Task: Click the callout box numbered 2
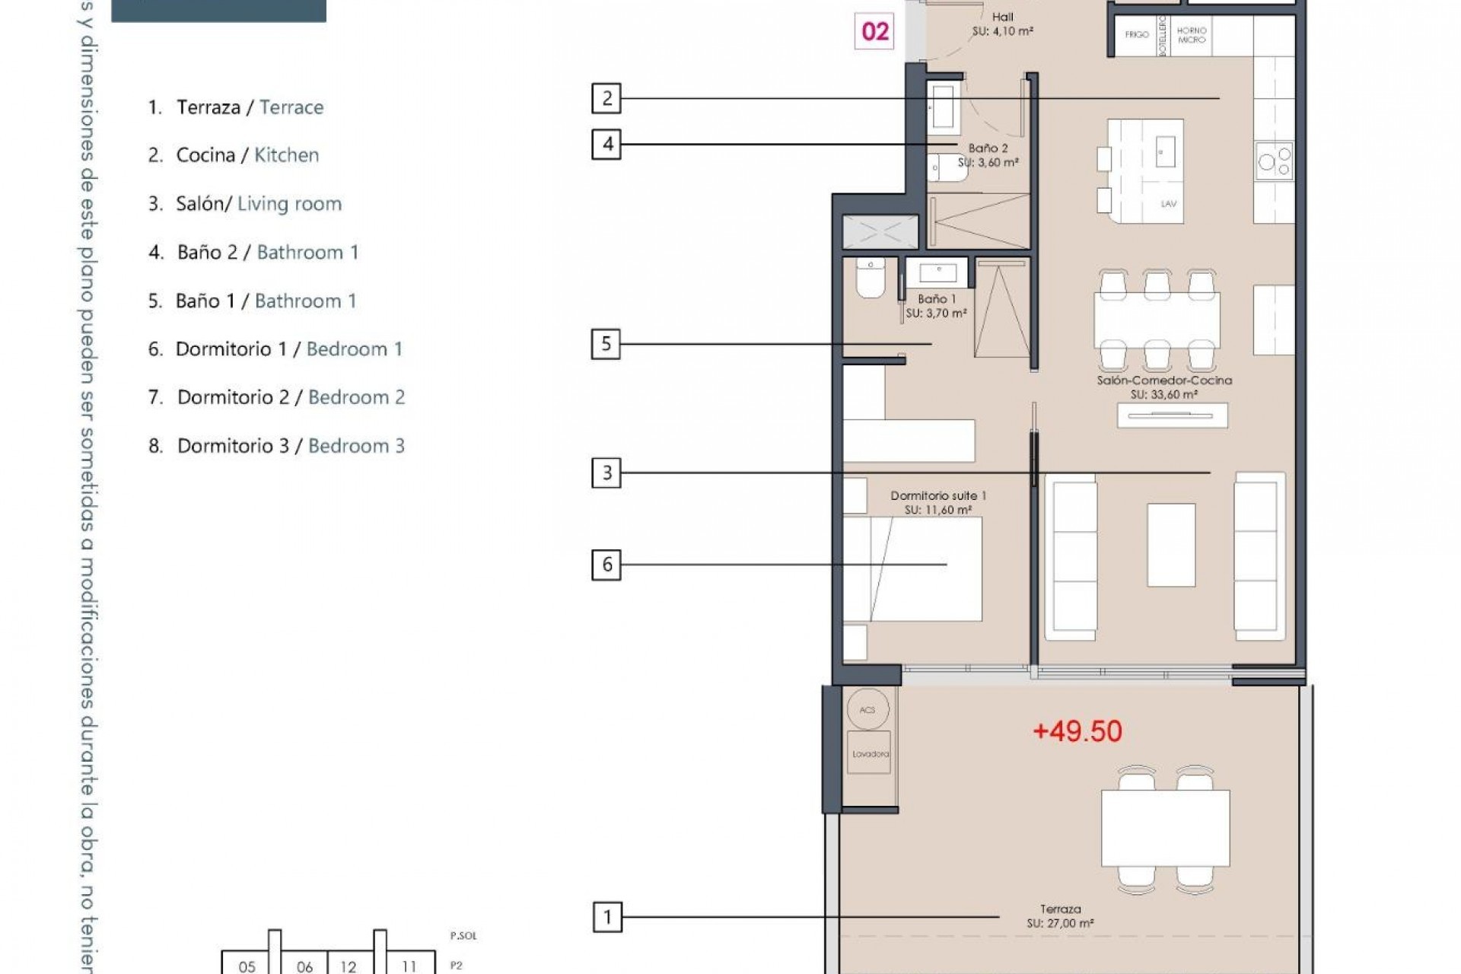pyautogui.click(x=606, y=98)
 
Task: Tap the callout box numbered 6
pyautogui.click(x=606, y=565)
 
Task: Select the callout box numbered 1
pyautogui.click(x=606, y=917)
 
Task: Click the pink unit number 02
pyautogui.click(x=874, y=32)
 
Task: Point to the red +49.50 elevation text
pyautogui.click(x=1077, y=731)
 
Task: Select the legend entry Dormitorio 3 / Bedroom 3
pyautogui.click(x=276, y=446)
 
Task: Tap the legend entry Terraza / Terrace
pyautogui.click(x=235, y=107)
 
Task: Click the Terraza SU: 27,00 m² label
pyautogui.click(x=1060, y=916)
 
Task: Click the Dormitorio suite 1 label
pyautogui.click(x=937, y=502)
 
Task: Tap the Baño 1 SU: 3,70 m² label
pyautogui.click(x=936, y=306)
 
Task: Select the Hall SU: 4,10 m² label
pyautogui.click(x=1002, y=24)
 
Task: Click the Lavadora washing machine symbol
pyautogui.click(x=870, y=753)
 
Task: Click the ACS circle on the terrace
pyautogui.click(x=867, y=709)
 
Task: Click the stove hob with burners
pyautogui.click(x=1275, y=161)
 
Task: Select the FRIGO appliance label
pyautogui.click(x=1137, y=34)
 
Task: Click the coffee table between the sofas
pyautogui.click(x=1170, y=544)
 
